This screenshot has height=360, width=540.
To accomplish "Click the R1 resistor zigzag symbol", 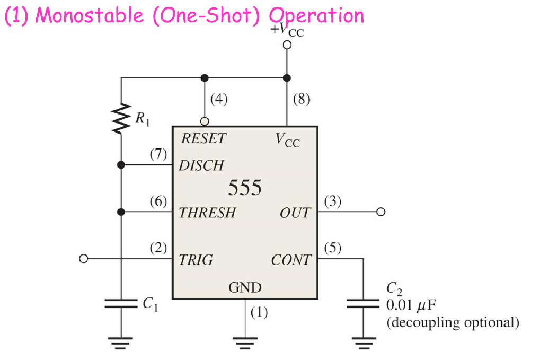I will pyautogui.click(x=122, y=118).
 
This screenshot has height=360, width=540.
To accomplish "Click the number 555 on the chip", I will pyautogui.click(x=245, y=187).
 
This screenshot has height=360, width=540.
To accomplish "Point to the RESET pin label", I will pyautogui.click(x=203, y=139).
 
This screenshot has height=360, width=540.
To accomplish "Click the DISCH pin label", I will pyautogui.click(x=201, y=165).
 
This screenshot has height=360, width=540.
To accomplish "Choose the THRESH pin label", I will pyautogui.click(x=207, y=213).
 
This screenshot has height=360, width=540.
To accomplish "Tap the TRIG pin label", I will pyautogui.click(x=196, y=260).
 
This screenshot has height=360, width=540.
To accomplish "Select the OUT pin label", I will pyautogui.click(x=295, y=213).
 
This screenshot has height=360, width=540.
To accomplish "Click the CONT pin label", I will pyautogui.click(x=291, y=260).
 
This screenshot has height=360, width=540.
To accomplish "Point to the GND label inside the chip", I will pyautogui.click(x=245, y=287).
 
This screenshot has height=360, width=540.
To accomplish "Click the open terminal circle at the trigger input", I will pyautogui.click(x=83, y=259).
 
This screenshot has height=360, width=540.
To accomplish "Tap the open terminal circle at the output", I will pyautogui.click(x=380, y=212).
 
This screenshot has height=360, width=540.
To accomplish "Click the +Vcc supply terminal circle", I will pyautogui.click(x=287, y=45).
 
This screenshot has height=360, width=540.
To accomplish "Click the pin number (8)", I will pyautogui.click(x=300, y=99).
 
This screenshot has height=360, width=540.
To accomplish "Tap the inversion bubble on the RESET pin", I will pyautogui.click(x=205, y=121).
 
